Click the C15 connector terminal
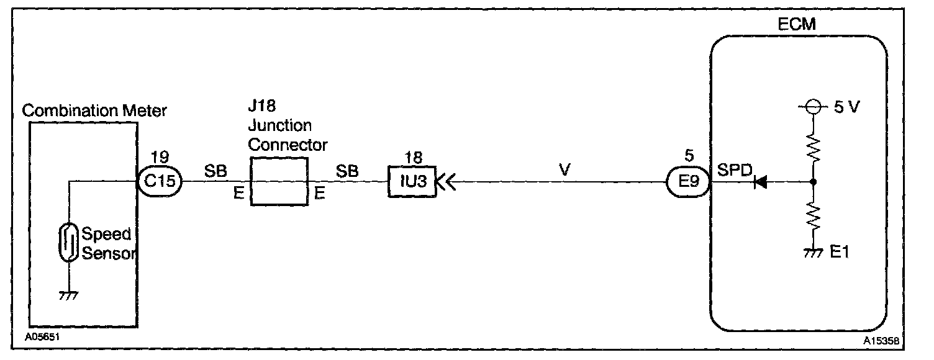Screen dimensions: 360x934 click(x=159, y=181)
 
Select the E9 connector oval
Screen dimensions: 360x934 click(x=687, y=182)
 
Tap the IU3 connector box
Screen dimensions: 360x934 click(x=412, y=182)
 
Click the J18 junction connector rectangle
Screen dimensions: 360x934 click(x=279, y=181)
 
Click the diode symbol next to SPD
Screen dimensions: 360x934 click(x=758, y=182)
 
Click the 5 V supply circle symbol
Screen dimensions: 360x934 click(x=813, y=125)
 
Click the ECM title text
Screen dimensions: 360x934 click(x=796, y=25)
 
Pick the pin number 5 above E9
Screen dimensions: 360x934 click(x=687, y=155)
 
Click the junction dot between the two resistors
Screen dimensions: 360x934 click(x=813, y=182)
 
